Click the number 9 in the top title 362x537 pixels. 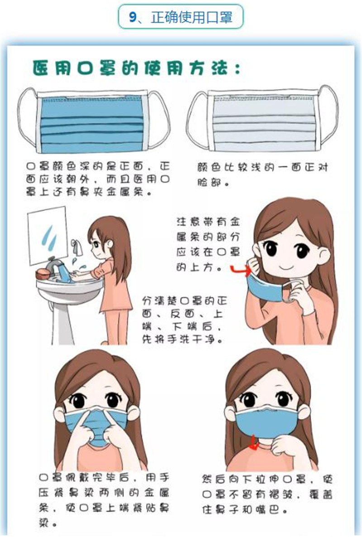[133, 17]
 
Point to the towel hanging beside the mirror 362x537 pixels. [77, 247]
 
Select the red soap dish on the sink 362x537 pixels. [43, 274]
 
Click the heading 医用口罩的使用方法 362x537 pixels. [136, 68]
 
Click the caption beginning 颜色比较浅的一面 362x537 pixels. [262, 175]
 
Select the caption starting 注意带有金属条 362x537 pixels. [208, 244]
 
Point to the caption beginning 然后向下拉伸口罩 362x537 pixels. [267, 494]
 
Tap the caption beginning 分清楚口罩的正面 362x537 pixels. [184, 320]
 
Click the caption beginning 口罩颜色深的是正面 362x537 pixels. [98, 179]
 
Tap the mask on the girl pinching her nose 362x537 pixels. [96, 424]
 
